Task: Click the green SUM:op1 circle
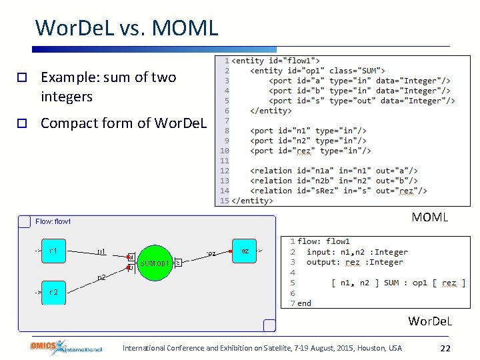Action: point(156,262)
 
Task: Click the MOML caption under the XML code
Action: point(429,217)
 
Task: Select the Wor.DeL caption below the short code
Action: point(430,321)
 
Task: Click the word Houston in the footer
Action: point(372,348)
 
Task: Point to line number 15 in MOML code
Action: point(225,201)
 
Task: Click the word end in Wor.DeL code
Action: point(304,303)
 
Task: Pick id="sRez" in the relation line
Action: point(313,191)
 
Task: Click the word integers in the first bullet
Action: point(66,97)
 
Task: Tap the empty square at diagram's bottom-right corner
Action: point(269,325)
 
